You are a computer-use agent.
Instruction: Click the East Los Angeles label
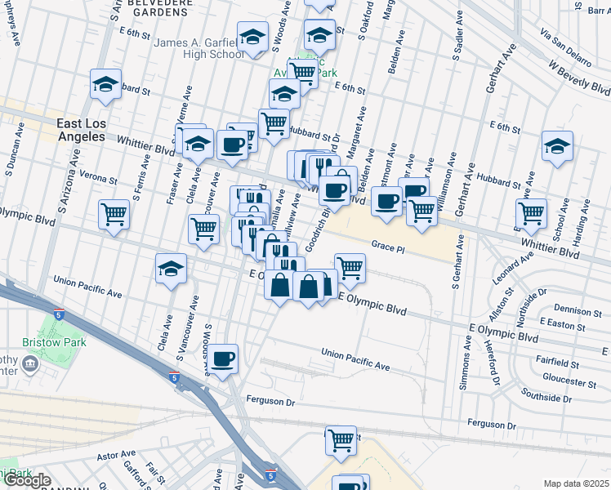[81, 131]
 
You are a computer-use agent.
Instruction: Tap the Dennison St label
[578, 311]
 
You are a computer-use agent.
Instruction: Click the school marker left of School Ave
[557, 147]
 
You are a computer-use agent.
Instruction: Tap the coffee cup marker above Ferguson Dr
[222, 358]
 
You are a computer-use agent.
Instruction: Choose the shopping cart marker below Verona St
[114, 214]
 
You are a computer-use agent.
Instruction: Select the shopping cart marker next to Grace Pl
[350, 267]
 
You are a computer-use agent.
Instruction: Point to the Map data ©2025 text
[576, 483]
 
